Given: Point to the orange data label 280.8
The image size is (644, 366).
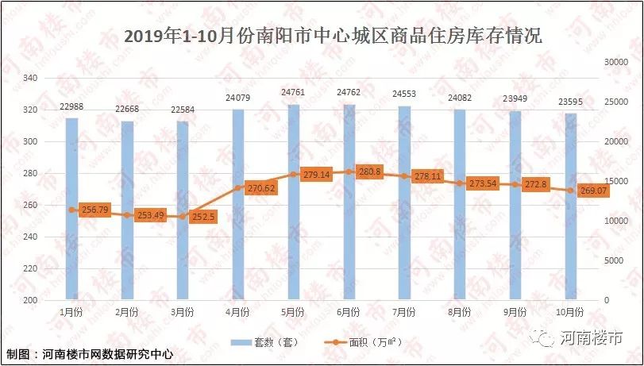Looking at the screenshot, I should [370, 171].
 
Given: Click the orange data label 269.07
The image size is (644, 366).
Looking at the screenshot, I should [592, 191].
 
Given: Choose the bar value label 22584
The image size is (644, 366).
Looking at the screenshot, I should [183, 110].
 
